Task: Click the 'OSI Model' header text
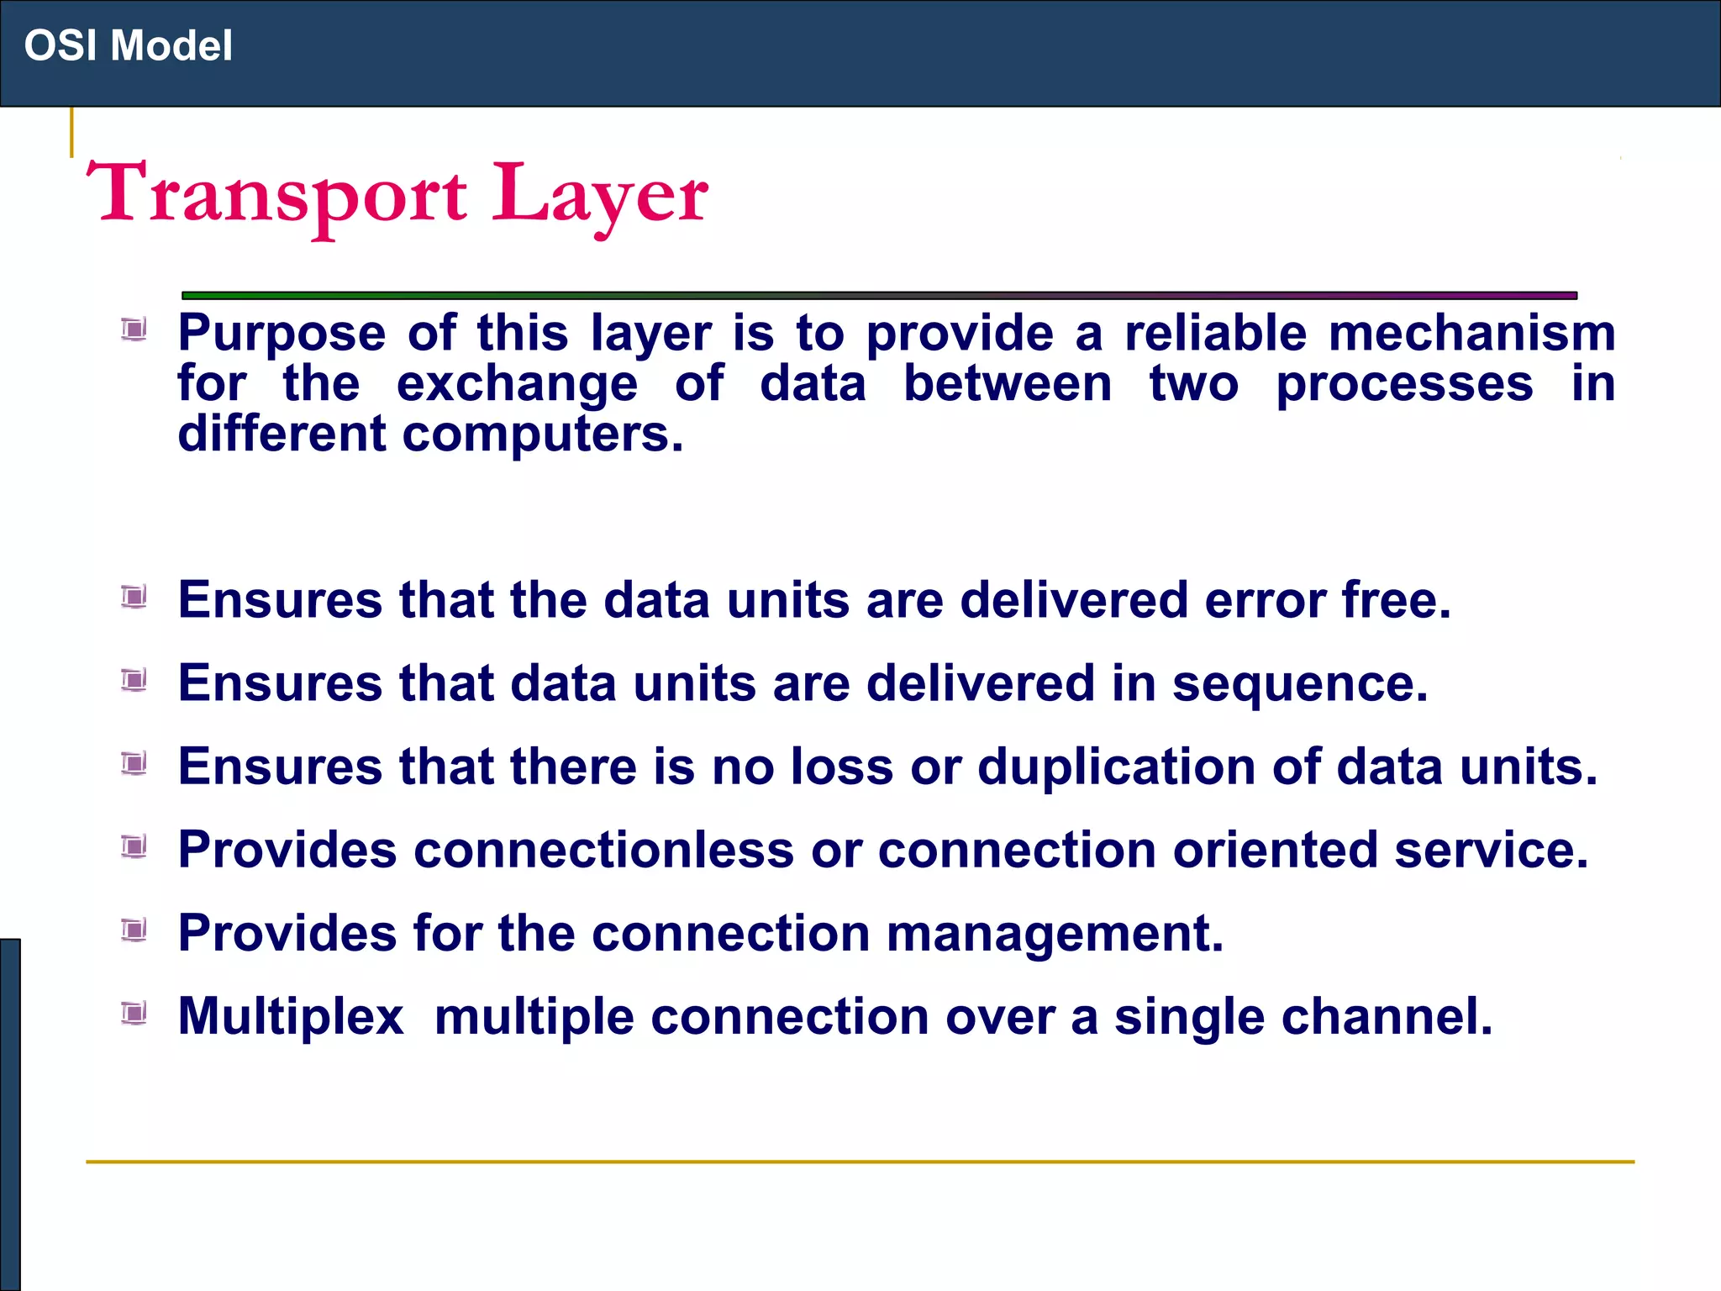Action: pos(128,45)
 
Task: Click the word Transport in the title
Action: pos(276,194)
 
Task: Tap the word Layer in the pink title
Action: pos(599,196)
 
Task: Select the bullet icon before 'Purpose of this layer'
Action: pos(134,329)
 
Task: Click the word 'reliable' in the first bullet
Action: pos(1215,333)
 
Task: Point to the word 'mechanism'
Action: pos(1471,333)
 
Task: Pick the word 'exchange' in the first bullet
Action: pos(517,384)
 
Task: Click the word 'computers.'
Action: pos(543,435)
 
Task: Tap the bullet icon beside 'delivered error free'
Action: pos(134,597)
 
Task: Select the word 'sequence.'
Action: pos(1300,683)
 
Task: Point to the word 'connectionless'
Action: pos(603,850)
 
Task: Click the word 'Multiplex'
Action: pos(291,1017)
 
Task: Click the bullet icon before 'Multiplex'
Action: pos(134,1013)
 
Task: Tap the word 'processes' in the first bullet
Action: pos(1404,384)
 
